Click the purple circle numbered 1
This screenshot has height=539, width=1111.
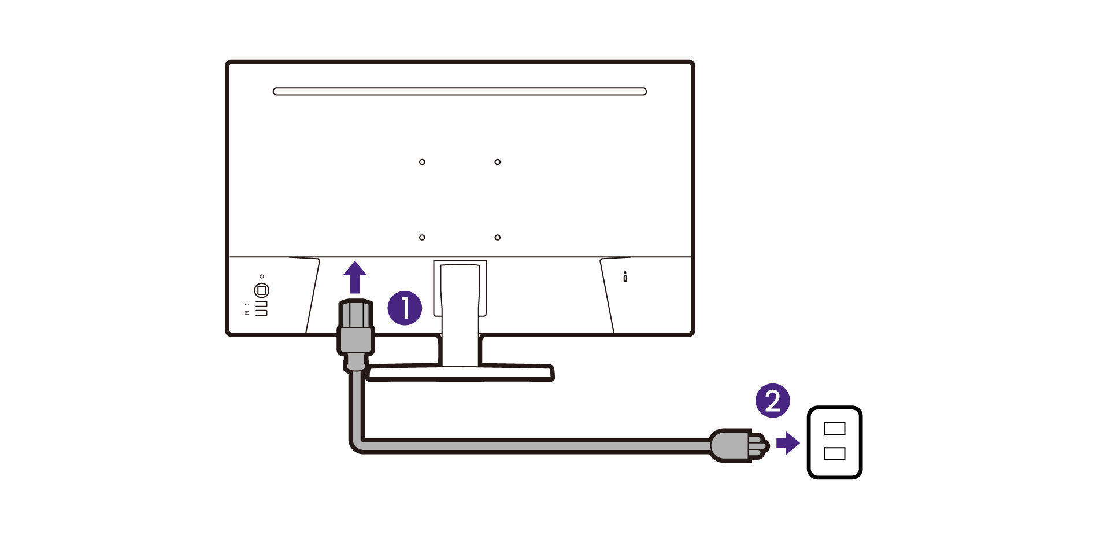[405, 308]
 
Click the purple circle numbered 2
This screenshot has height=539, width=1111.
[772, 401]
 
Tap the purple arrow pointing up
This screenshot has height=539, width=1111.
[355, 278]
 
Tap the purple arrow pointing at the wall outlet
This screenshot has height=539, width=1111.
[788, 444]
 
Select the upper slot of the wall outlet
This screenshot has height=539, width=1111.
[834, 429]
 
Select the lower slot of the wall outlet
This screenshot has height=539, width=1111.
[834, 454]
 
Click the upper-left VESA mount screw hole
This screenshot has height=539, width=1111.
[422, 162]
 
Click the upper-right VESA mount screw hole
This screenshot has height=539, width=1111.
[497, 162]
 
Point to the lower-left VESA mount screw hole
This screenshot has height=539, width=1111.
[422, 237]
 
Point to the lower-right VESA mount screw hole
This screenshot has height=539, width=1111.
[497, 237]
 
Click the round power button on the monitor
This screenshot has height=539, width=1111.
[261, 290]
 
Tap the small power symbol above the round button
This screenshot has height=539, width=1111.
[262, 276]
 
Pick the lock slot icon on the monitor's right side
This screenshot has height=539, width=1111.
[625, 277]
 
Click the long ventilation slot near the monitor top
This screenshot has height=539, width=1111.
[460, 91]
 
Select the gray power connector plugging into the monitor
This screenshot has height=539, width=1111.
[355, 335]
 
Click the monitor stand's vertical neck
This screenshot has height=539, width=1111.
[460, 312]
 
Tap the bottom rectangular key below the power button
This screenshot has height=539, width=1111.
[262, 313]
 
